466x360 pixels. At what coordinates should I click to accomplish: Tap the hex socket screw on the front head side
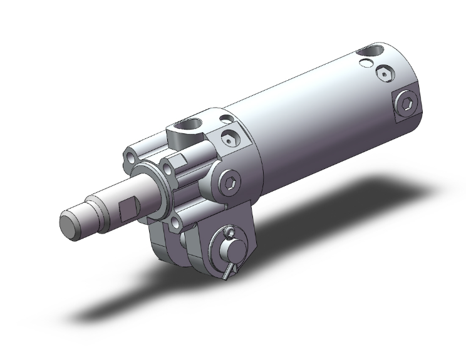coord(230,182)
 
